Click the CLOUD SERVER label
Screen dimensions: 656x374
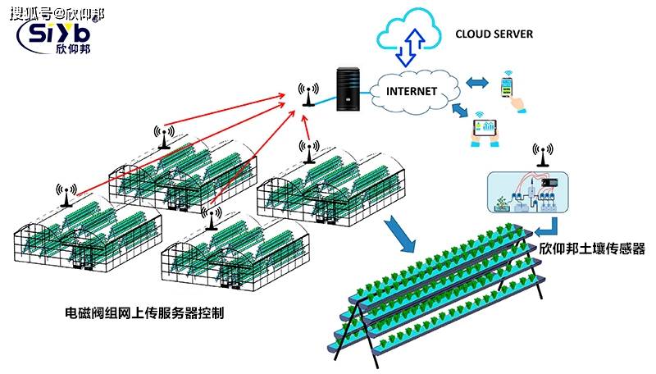coord(494,34)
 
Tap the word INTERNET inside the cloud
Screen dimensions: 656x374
coord(412,91)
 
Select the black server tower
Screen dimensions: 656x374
coord(348,89)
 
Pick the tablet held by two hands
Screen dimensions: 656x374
coord(485,129)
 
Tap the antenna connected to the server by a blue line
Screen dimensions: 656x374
coord(308,94)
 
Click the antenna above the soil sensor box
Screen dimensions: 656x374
coord(543,155)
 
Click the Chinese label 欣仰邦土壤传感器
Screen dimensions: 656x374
coord(591,249)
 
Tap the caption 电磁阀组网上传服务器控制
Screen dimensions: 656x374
coord(144,312)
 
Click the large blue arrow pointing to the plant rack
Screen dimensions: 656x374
coord(400,235)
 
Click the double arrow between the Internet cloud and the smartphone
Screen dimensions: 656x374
coord(477,82)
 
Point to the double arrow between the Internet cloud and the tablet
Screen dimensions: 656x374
coord(461,110)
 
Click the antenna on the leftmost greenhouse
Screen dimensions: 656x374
coord(66,195)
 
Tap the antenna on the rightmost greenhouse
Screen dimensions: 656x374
coord(309,152)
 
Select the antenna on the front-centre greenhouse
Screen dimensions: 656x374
coord(212,218)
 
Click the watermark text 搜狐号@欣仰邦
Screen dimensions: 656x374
coord(57,14)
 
